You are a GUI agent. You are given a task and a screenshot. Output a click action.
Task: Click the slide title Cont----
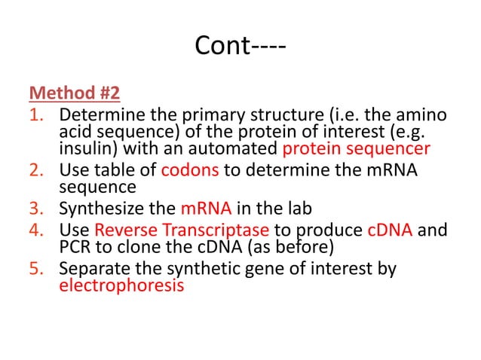pos(240,47)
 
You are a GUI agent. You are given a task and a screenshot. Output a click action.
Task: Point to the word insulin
pos(84,148)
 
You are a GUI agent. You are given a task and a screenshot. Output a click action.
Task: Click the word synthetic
pos(185,269)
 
